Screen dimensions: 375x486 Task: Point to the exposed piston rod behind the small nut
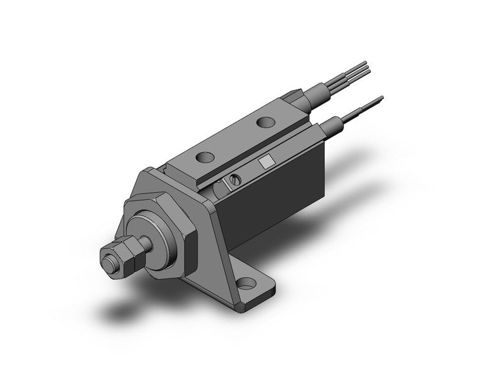coord(147,242)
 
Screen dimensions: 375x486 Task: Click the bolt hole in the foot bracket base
coord(244,282)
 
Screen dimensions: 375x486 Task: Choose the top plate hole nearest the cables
coord(264,122)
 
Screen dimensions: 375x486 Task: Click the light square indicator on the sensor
coord(266,162)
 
